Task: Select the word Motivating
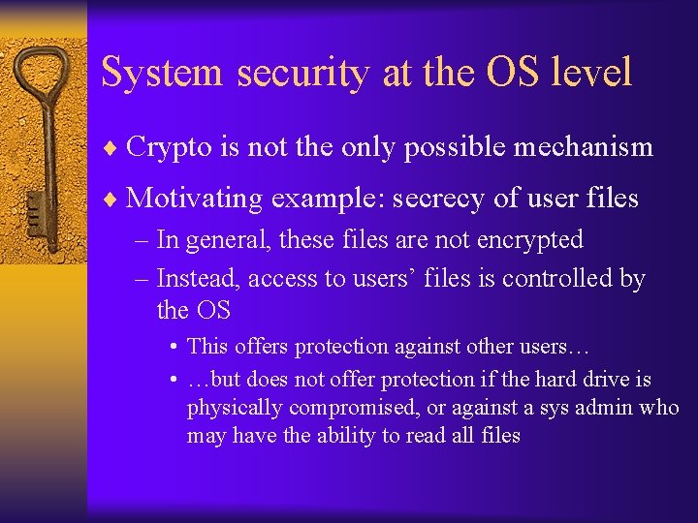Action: click(194, 200)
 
